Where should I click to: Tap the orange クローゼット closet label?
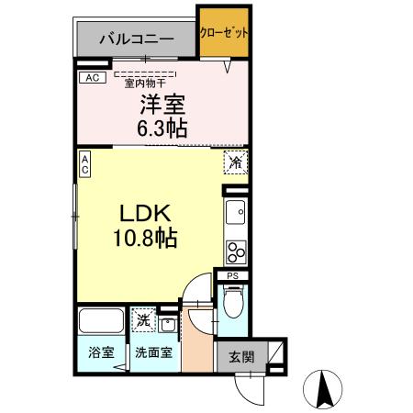(x=224, y=32)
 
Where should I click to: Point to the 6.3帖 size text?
(x=162, y=128)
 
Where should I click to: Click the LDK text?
(x=141, y=213)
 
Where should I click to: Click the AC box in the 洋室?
(x=91, y=78)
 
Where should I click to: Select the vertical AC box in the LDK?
(x=84, y=164)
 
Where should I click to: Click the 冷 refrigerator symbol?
(x=235, y=163)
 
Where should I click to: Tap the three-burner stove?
(x=236, y=250)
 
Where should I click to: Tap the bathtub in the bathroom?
(x=100, y=322)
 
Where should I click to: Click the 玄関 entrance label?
(x=241, y=356)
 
